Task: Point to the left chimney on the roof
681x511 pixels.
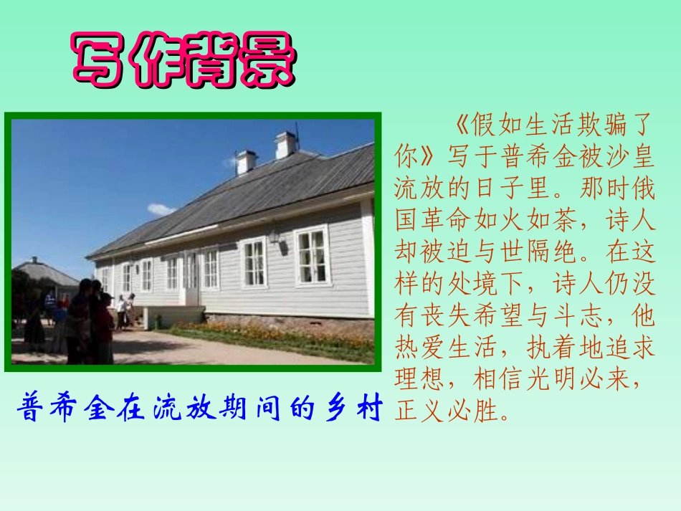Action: (x=246, y=162)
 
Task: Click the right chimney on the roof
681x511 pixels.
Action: (x=286, y=145)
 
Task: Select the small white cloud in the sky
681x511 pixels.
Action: (x=161, y=209)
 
